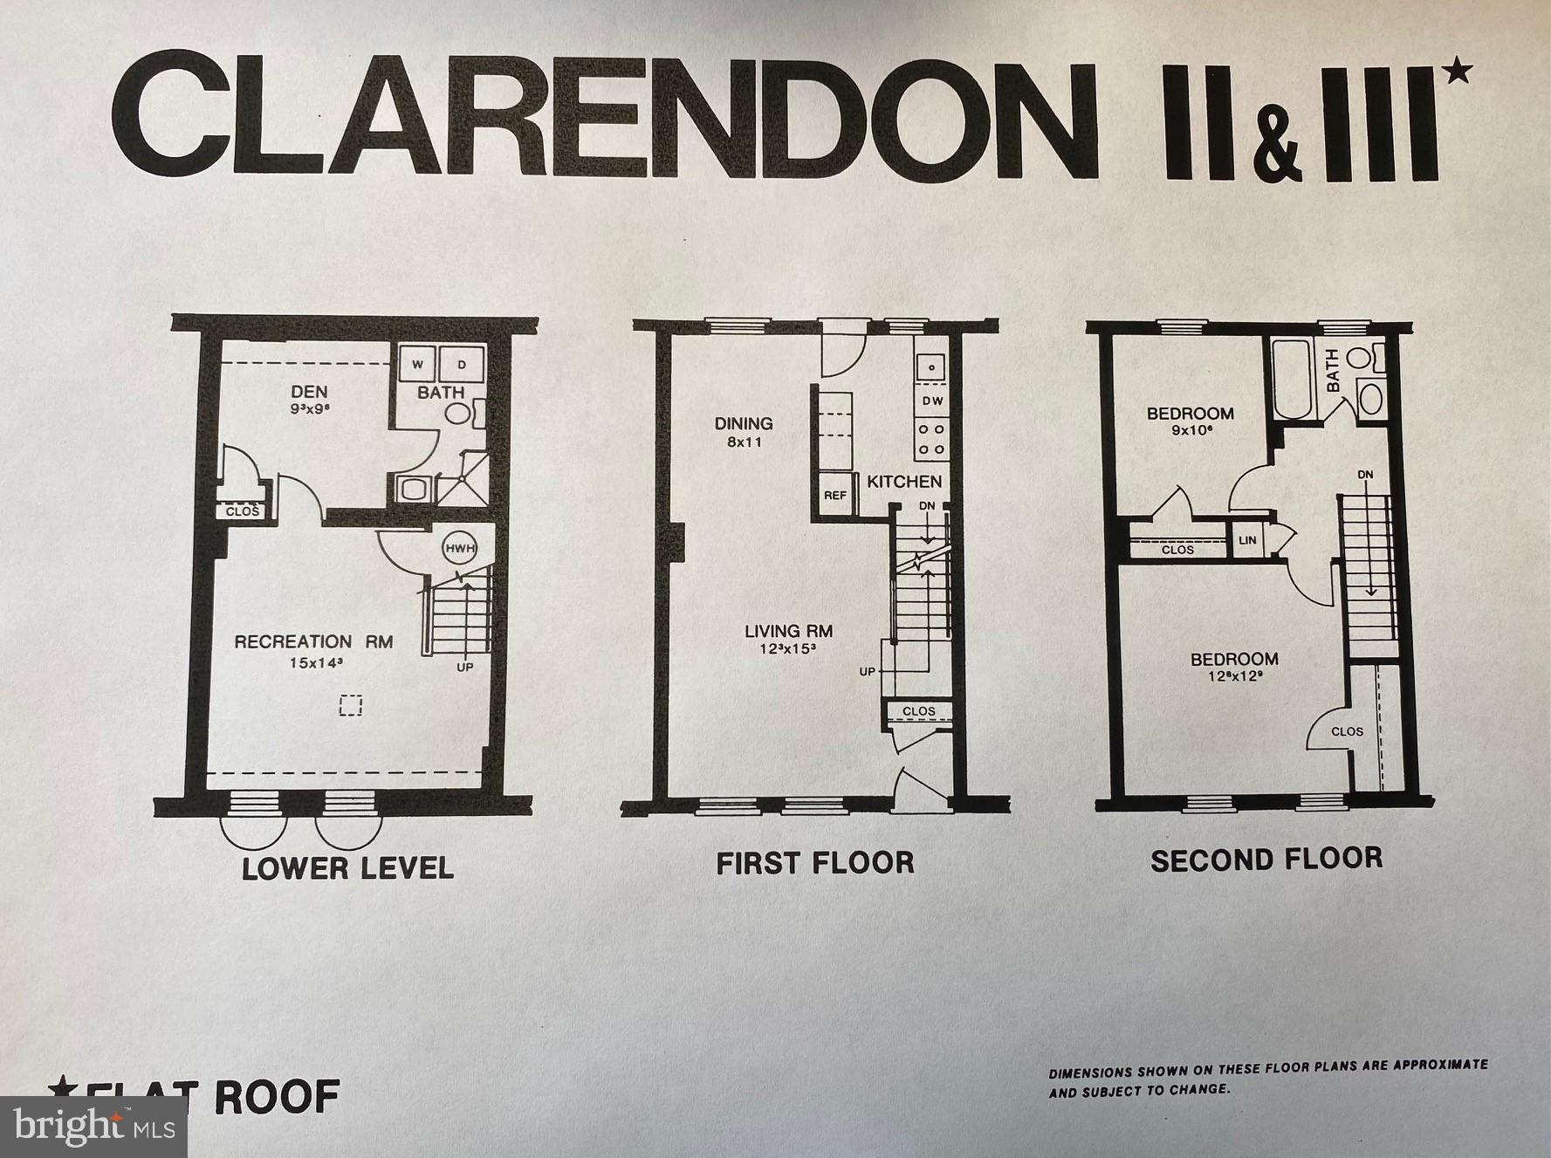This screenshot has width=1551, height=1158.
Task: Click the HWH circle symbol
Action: [x=457, y=548]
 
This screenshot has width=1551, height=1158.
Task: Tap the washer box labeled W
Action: [x=418, y=364]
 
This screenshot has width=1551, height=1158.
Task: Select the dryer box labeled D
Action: [x=462, y=364]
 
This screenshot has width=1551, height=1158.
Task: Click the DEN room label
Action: [x=310, y=392]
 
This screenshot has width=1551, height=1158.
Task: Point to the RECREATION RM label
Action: [x=313, y=641]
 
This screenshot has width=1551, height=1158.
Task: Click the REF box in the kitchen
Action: [x=835, y=495]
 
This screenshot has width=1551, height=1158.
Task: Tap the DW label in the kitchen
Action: [x=932, y=401]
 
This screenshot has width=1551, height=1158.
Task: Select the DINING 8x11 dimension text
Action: [x=745, y=442]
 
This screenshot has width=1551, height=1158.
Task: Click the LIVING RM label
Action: [x=788, y=630]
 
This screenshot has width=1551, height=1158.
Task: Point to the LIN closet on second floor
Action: [x=1247, y=540]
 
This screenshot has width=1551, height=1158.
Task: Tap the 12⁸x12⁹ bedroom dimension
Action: [x=1234, y=675]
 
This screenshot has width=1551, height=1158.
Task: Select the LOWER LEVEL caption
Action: [x=347, y=868]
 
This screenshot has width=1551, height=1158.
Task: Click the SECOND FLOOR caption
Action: [x=1266, y=860]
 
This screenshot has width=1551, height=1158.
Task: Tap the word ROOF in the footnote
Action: [x=277, y=1096]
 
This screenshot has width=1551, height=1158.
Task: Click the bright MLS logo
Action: [x=93, y=1127]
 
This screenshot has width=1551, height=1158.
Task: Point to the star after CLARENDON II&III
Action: [x=1458, y=73]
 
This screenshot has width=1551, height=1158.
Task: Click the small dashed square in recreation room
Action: [x=351, y=704]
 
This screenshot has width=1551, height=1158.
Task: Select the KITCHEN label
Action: [x=904, y=481]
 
